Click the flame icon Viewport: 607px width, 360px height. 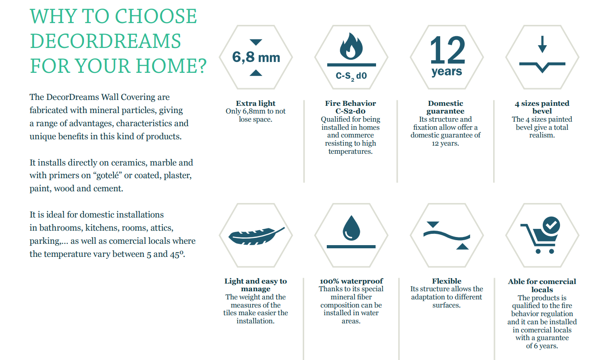(x=351, y=46)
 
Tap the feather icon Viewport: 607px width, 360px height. (x=256, y=236)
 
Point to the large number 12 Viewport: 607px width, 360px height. (x=447, y=50)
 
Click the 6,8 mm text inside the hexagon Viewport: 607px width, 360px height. (x=256, y=57)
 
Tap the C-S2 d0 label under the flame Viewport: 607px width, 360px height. (x=351, y=76)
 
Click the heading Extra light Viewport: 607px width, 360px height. (x=255, y=103)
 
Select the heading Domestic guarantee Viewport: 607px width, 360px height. (x=446, y=107)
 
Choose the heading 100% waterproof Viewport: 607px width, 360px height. (x=351, y=281)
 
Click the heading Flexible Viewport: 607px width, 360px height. (x=447, y=281)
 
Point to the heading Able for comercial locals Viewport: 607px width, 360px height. (x=542, y=285)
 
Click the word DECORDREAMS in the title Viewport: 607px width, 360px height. (x=105, y=41)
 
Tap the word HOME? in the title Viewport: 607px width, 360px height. (x=171, y=66)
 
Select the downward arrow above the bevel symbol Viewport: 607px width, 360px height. (x=542, y=44)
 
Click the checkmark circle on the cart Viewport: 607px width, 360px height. (x=551, y=225)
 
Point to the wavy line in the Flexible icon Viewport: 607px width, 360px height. (x=447, y=236)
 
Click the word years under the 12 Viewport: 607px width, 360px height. (x=447, y=71)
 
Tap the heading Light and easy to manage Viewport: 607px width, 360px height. (x=255, y=285)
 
